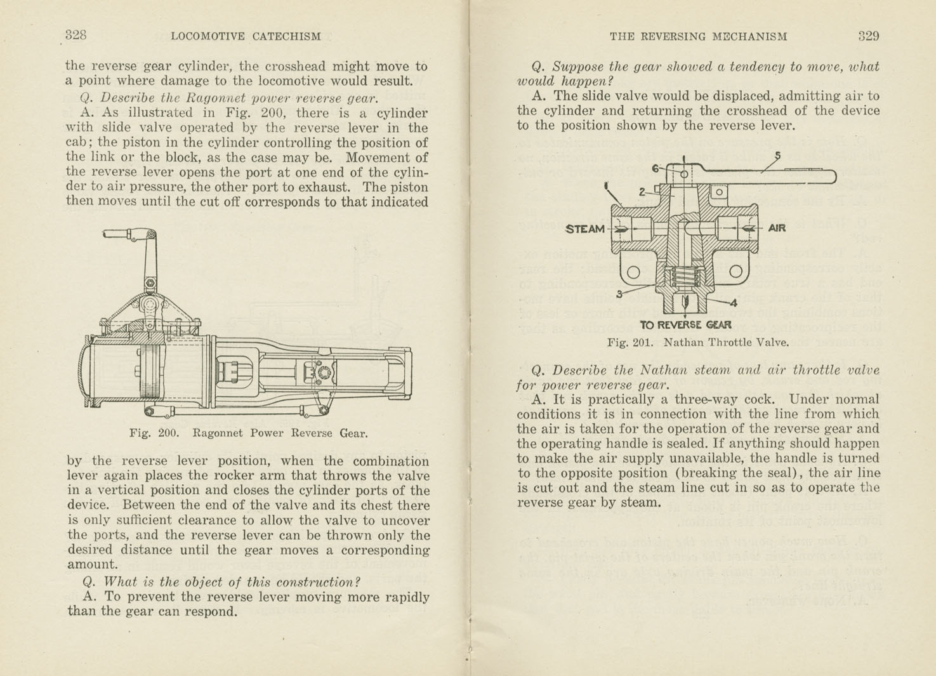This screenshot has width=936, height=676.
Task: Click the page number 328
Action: [76, 36]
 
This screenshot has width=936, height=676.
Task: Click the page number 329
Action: [868, 36]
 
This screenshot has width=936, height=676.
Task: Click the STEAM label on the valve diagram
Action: [584, 229]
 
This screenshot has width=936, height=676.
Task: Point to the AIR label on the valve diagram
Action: [777, 228]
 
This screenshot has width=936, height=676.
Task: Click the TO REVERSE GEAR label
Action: [685, 325]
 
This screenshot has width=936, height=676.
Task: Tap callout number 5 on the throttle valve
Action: [777, 156]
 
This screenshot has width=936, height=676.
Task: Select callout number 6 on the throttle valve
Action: [656, 168]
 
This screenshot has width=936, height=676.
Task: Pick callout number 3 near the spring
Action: [619, 294]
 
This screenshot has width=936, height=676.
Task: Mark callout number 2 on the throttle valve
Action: [642, 191]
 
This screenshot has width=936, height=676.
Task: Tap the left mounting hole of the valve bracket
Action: [633, 272]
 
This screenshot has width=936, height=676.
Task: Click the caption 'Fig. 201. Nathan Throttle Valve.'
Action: [697, 343]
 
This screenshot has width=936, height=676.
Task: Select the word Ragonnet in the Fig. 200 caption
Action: [217, 434]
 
